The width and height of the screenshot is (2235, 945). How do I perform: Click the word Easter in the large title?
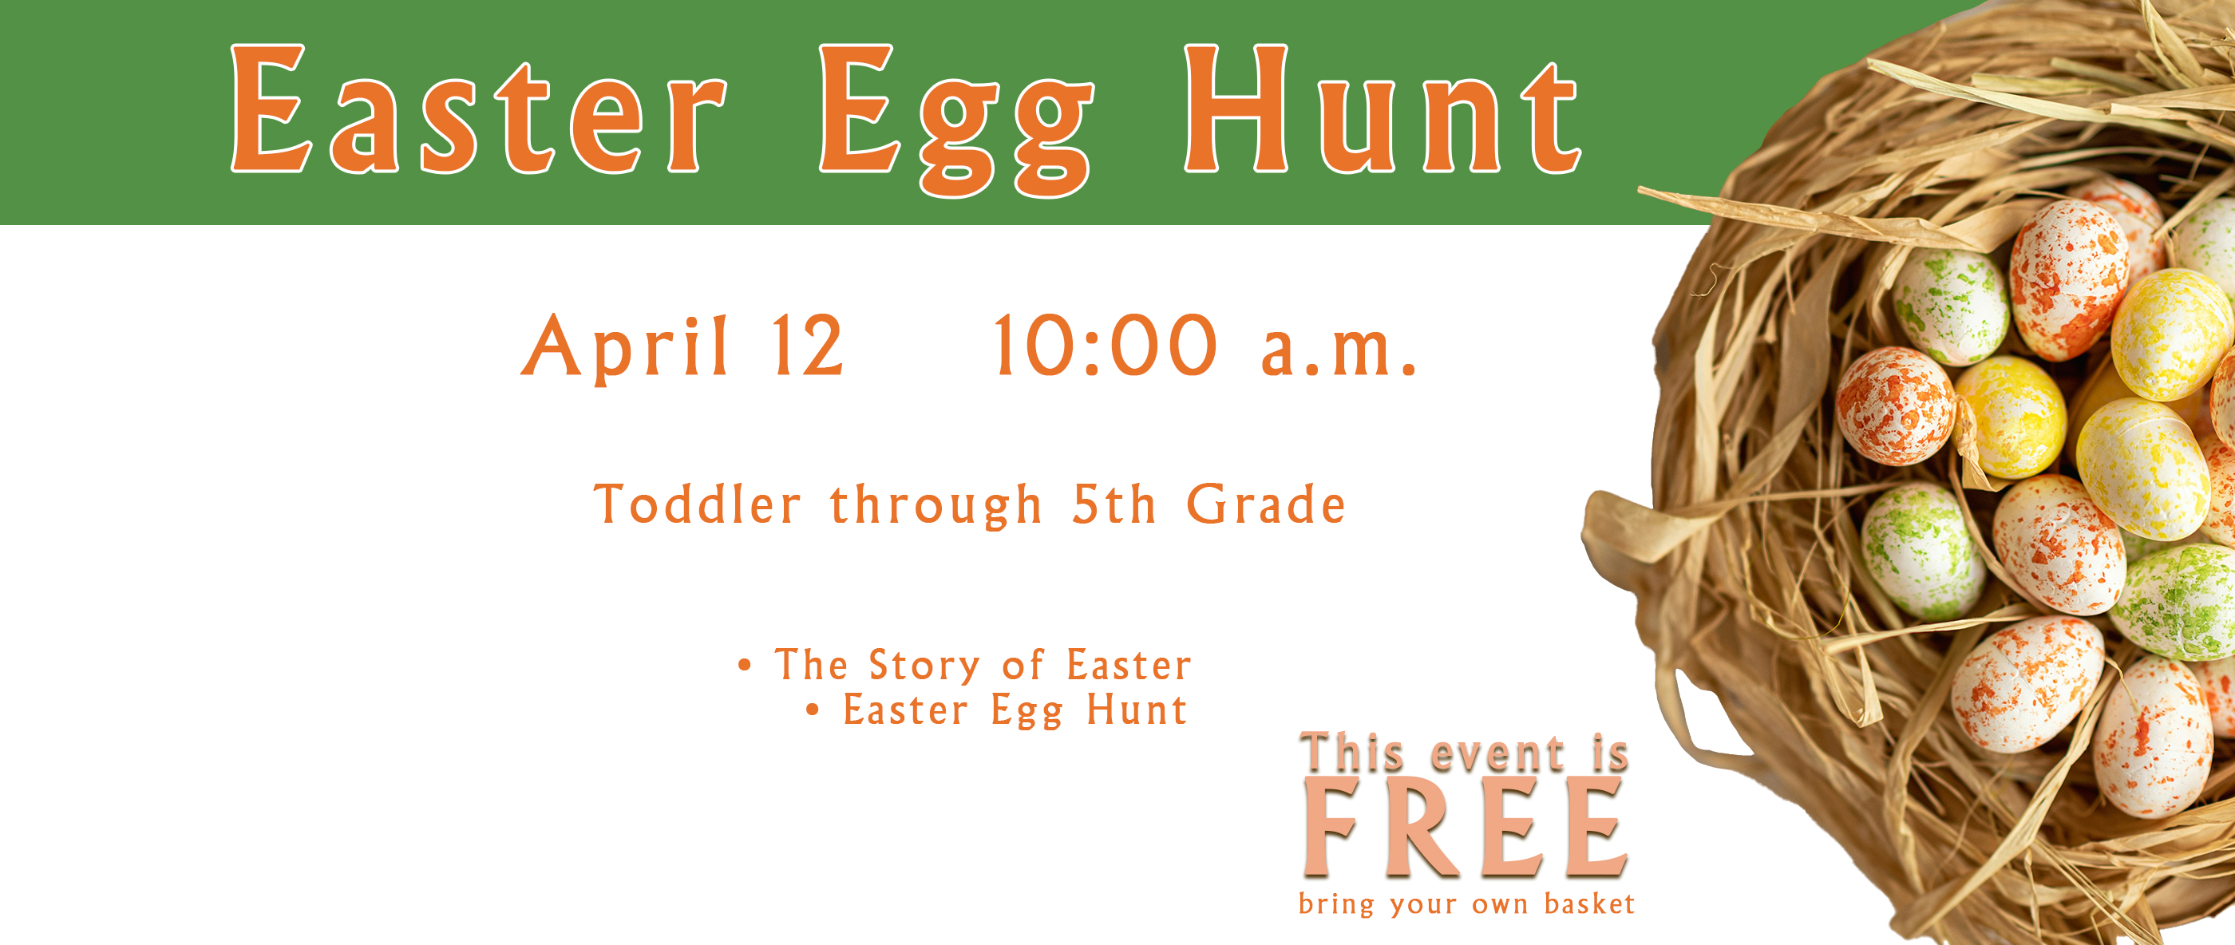pos(478,109)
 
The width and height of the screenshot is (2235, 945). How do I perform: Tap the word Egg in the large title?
pos(956,120)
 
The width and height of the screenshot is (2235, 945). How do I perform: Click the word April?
pos(624,347)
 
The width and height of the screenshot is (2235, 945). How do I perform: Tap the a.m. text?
pos(1339,351)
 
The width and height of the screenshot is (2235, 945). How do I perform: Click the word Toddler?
pos(697,504)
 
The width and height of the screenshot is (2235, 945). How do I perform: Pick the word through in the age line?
pos(936,506)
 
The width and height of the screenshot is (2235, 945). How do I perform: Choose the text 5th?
pos(1114,504)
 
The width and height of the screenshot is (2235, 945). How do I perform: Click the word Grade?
pos(1266,504)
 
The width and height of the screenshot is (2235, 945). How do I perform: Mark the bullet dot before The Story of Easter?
pos(745,666)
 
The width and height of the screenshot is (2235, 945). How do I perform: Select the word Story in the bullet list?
pos(924,666)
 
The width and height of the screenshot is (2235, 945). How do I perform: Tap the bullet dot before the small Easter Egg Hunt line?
pos(813,710)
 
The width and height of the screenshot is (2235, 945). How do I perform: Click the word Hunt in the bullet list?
pos(1137,709)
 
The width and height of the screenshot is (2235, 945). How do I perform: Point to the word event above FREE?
pos(1497,754)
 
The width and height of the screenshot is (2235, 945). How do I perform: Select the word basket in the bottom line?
pos(1589,904)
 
